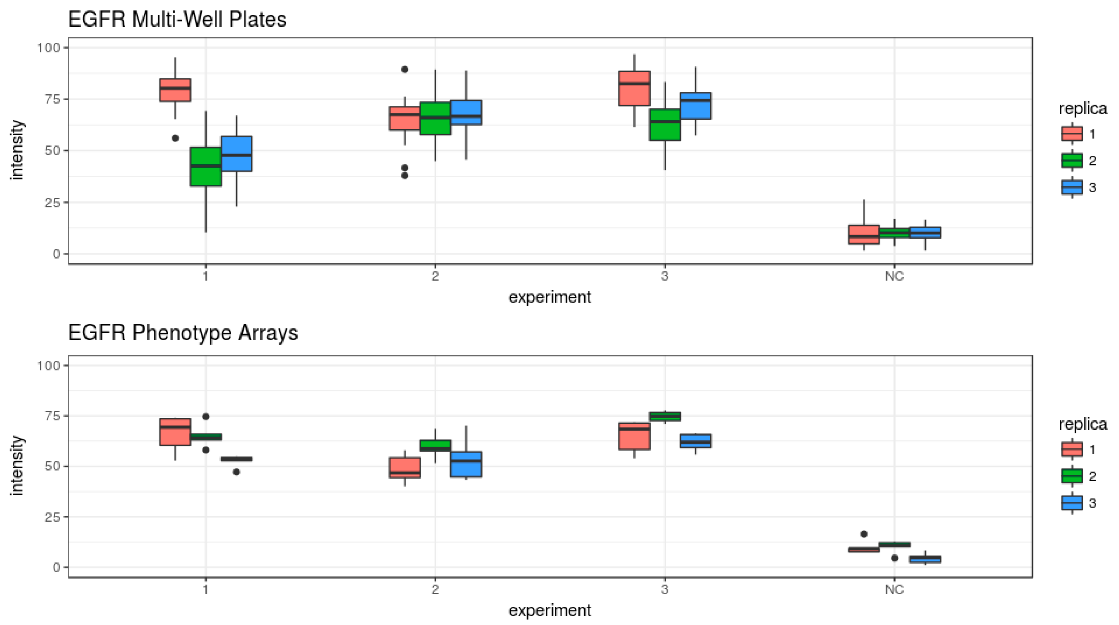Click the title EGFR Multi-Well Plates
(x=177, y=20)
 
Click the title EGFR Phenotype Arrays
(x=183, y=333)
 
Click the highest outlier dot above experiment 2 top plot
(x=404, y=69)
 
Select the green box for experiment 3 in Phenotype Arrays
(x=665, y=417)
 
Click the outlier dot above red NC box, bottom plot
(x=864, y=534)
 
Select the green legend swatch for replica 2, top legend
(x=1072, y=161)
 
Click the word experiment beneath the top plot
(x=550, y=297)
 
